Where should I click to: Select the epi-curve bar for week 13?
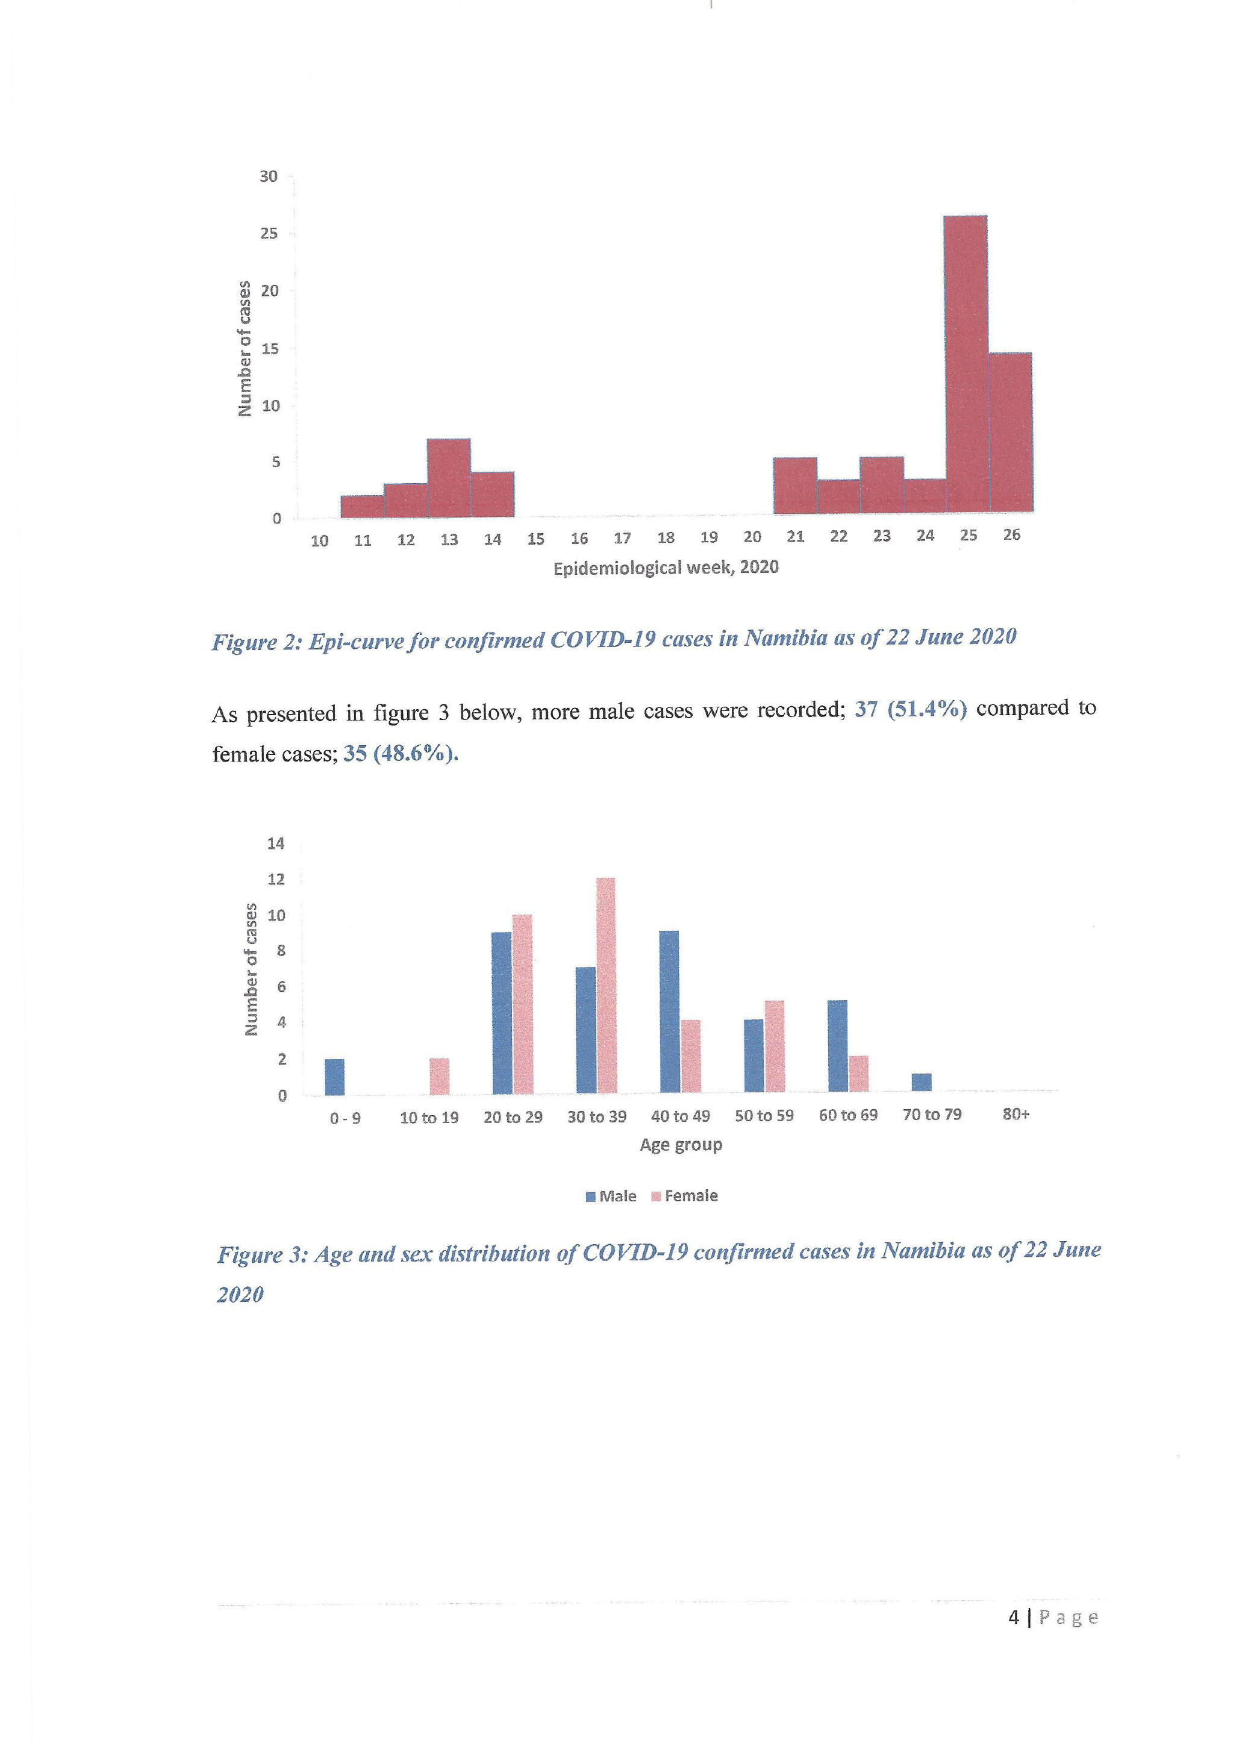[449, 477]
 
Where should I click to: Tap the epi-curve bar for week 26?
[1011, 433]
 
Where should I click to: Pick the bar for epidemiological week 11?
[362, 506]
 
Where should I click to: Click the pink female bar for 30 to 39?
[605, 986]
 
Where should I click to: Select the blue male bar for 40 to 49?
[669, 1012]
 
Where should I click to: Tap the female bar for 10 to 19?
[439, 1076]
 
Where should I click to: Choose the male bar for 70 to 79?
[922, 1082]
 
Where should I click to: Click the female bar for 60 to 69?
[859, 1073]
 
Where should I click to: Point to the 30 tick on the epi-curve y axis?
[268, 177]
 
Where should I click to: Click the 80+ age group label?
[1016, 1114]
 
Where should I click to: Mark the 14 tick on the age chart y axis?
[275, 843]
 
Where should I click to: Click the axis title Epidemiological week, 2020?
[666, 568]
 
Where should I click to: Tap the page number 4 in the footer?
[1014, 1617]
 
